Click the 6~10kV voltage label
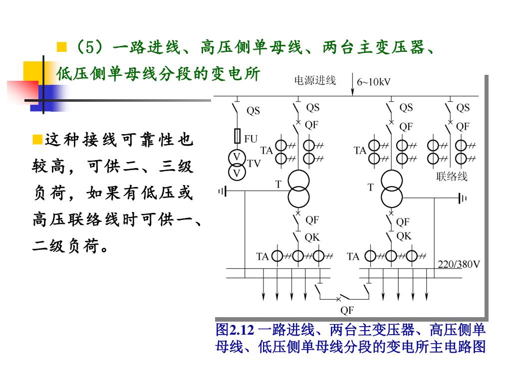(374, 82)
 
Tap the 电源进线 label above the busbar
(315, 80)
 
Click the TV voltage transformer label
(254, 163)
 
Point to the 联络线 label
(452, 176)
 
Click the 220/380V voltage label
(459, 264)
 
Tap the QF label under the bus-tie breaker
(347, 310)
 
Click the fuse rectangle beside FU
(238, 137)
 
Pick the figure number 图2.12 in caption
(235, 330)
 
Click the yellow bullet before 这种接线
(36, 138)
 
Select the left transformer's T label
(279, 184)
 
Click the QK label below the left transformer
(312, 237)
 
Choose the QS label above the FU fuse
(254, 111)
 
